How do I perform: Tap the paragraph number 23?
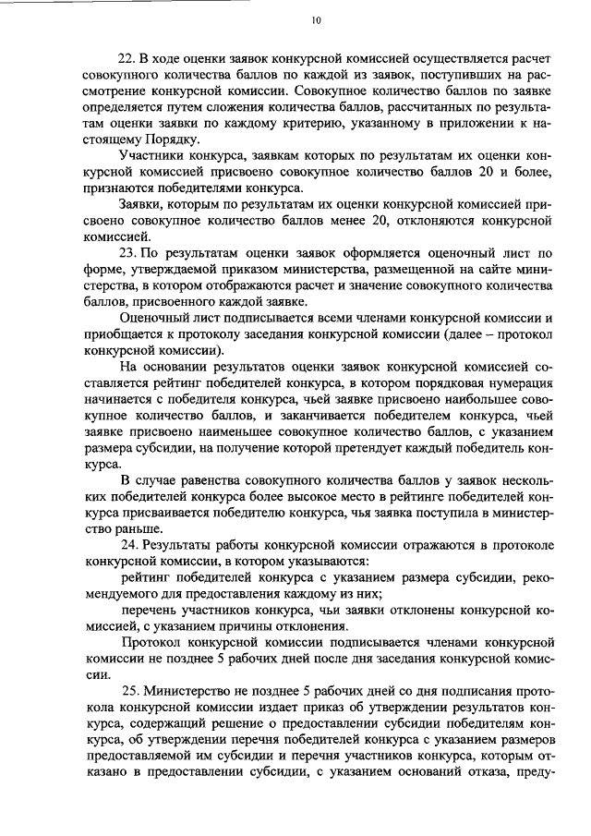click(x=130, y=252)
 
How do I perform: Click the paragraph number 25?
click(x=132, y=690)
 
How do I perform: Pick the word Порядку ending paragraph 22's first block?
click(x=169, y=139)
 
